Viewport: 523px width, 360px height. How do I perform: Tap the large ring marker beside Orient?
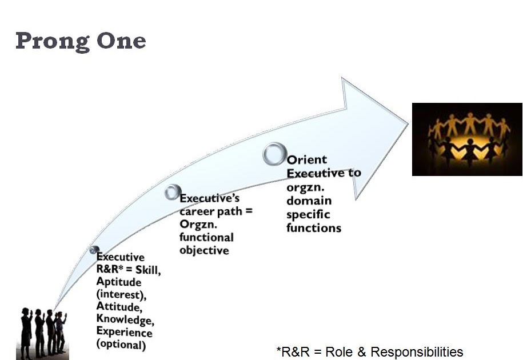pos(275,155)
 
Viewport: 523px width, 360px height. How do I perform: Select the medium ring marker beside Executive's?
pos(173,193)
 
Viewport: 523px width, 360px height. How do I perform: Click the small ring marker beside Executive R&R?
pos(94,250)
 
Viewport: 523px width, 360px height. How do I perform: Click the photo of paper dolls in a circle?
pos(467,139)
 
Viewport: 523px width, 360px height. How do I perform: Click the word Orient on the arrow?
pos(307,161)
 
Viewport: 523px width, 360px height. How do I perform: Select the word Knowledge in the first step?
pos(123,319)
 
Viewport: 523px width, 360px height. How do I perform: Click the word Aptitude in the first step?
pos(118,282)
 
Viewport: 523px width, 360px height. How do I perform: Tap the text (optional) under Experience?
pos(121,345)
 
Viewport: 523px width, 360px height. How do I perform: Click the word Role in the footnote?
pos(339,351)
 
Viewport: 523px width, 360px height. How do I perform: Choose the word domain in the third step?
pos(309,201)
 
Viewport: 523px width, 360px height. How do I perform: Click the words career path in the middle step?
pos(208,211)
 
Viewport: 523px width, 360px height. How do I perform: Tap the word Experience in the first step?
pos(124,332)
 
